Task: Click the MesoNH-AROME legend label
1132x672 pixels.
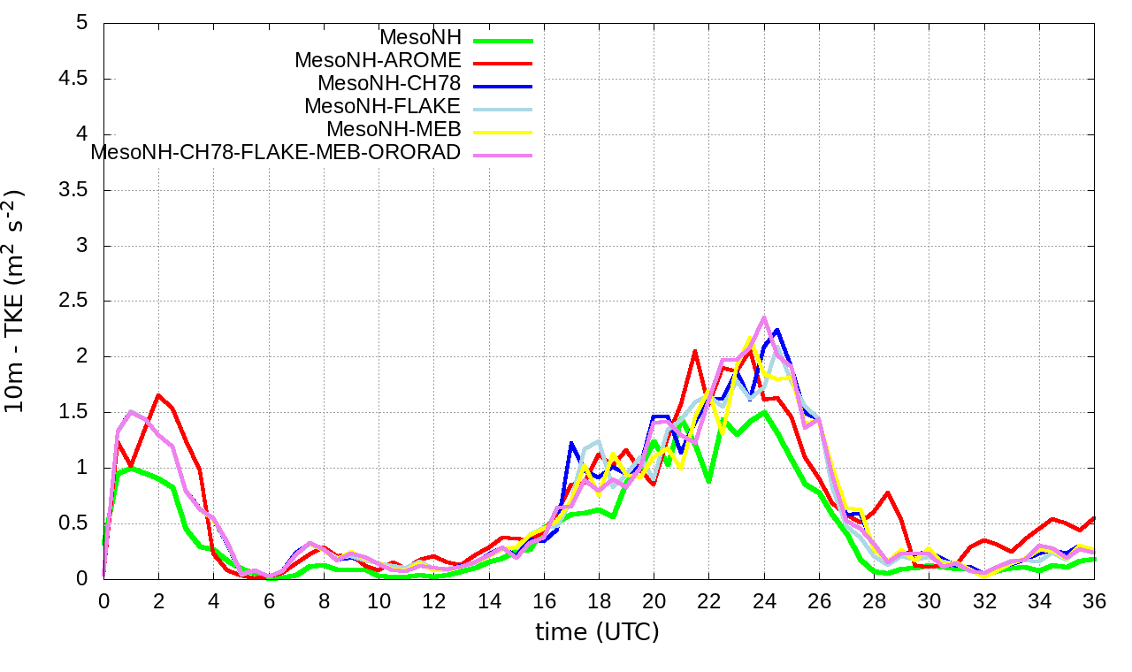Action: pyautogui.click(x=378, y=61)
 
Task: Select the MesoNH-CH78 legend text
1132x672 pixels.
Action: pyautogui.click(x=389, y=84)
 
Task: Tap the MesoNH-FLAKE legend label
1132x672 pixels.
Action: pyautogui.click(x=382, y=107)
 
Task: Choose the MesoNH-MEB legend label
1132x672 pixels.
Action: pyautogui.click(x=394, y=129)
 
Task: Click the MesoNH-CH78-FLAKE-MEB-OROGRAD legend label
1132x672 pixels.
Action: pyautogui.click(x=276, y=152)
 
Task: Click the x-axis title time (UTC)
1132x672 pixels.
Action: pyautogui.click(x=597, y=632)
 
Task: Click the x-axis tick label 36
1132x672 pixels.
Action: pyautogui.click(x=1095, y=600)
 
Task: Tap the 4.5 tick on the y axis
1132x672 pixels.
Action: pyautogui.click(x=81, y=79)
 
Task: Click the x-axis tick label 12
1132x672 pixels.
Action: pyautogui.click(x=434, y=600)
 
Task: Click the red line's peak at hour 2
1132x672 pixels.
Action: pyautogui.click(x=158, y=395)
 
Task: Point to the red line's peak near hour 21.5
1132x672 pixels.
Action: pyautogui.click(x=695, y=351)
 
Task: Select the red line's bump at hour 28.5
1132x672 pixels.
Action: pyautogui.click(x=887, y=493)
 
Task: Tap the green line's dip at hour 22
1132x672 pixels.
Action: pyautogui.click(x=709, y=481)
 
